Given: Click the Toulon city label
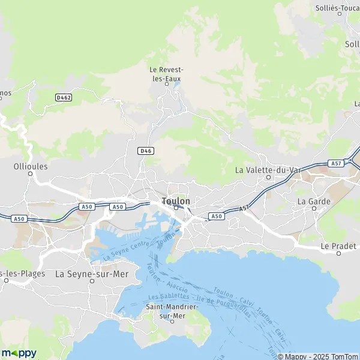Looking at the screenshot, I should click(176, 201).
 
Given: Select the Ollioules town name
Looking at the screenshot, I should click(30, 166).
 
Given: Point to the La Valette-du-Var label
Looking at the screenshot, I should click(268, 170).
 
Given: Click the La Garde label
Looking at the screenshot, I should click(314, 202).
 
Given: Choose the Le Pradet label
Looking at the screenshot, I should click(338, 246).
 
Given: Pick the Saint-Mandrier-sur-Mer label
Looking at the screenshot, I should click(172, 310).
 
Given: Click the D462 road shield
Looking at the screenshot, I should click(63, 97).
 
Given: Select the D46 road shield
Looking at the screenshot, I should click(145, 151).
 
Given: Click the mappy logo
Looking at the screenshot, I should click(19, 353).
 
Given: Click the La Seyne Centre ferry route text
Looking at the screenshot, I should click(125, 251).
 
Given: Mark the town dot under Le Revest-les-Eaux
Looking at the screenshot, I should click(167, 84).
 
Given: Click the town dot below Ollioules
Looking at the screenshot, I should click(30, 175).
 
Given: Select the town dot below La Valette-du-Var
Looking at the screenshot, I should click(268, 178).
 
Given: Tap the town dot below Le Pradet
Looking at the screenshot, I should click(338, 253).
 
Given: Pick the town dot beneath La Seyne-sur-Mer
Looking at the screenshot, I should click(91, 281).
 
